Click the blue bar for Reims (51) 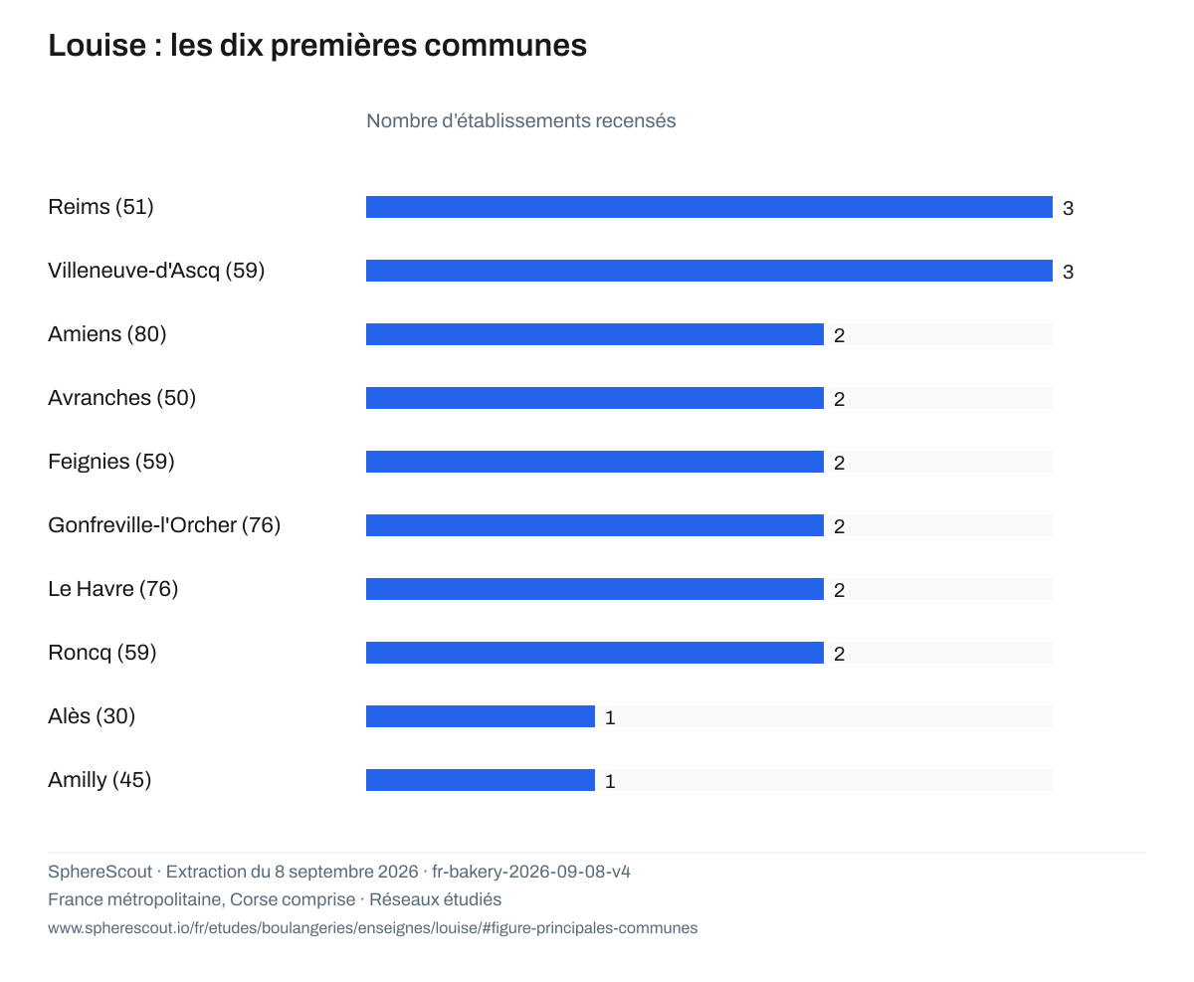click(708, 207)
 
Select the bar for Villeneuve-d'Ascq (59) click(708, 271)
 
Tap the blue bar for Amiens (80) click(594, 334)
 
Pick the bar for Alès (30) click(481, 716)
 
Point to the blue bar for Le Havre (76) click(594, 589)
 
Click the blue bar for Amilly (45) click(481, 780)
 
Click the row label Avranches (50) click(121, 398)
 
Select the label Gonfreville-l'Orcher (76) click(164, 525)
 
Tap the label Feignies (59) click(111, 462)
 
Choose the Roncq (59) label click(101, 653)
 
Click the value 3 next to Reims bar click(1068, 208)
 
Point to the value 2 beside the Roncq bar click(839, 654)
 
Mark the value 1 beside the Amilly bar click(610, 781)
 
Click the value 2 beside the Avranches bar click(839, 399)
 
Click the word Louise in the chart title click(97, 46)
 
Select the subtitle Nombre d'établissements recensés click(520, 120)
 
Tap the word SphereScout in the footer click(99, 872)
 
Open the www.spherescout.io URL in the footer click(372, 928)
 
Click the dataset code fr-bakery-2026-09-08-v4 click(531, 872)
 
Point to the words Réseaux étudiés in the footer click(436, 899)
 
